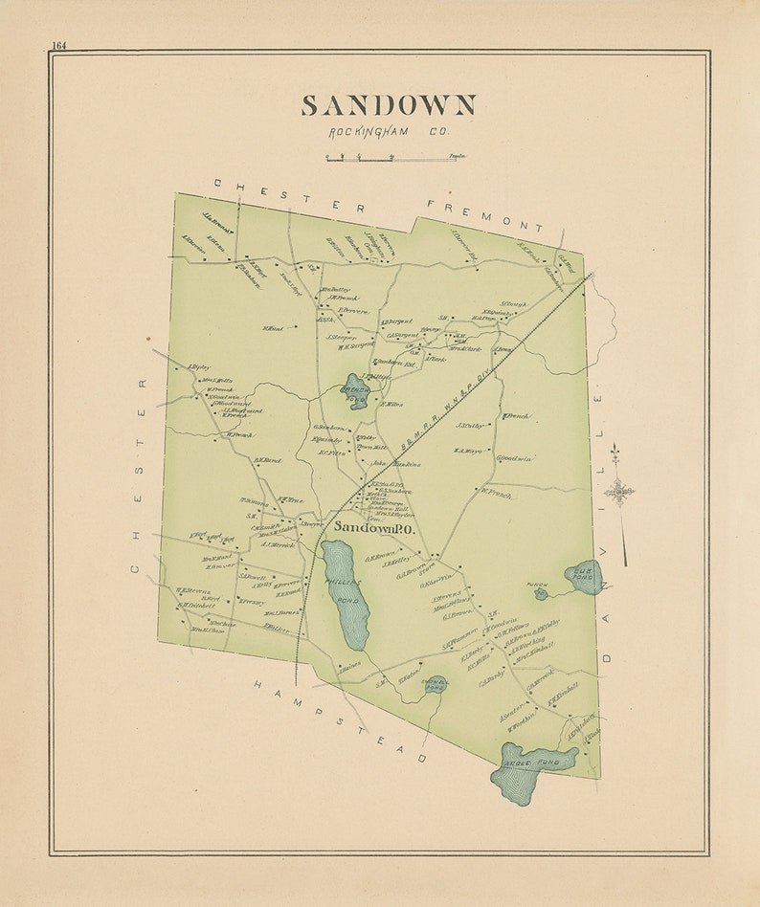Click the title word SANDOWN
389,105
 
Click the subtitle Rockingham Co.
389,132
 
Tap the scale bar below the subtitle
388,157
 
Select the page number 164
59,45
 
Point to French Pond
357,391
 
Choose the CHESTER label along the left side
140,476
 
